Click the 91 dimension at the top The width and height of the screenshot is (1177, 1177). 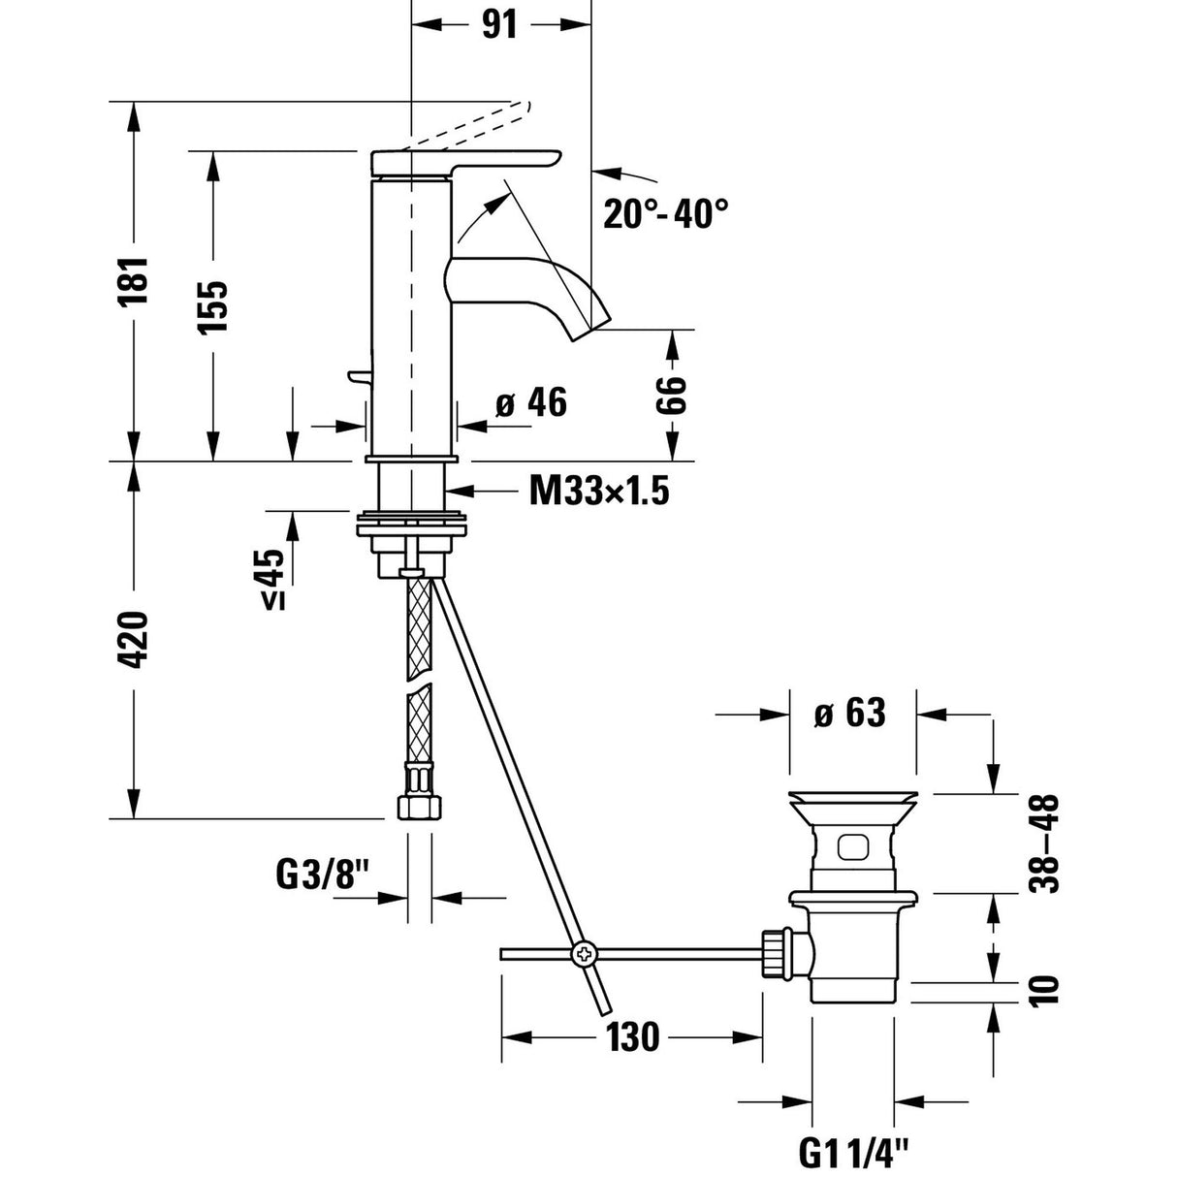[499, 25]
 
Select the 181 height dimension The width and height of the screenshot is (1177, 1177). [133, 280]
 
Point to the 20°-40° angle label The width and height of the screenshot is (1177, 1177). [665, 213]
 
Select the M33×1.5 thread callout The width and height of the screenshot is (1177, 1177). [599, 492]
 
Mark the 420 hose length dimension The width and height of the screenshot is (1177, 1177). [133, 639]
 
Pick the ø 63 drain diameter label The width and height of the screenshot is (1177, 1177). [850, 714]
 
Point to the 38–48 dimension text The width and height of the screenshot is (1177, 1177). [1046, 843]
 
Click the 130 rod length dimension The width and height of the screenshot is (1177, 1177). [634, 1036]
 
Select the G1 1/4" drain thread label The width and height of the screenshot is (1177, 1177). [854, 1154]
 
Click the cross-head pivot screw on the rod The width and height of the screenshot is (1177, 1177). [585, 954]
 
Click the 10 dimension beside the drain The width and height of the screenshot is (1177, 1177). [1046, 990]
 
